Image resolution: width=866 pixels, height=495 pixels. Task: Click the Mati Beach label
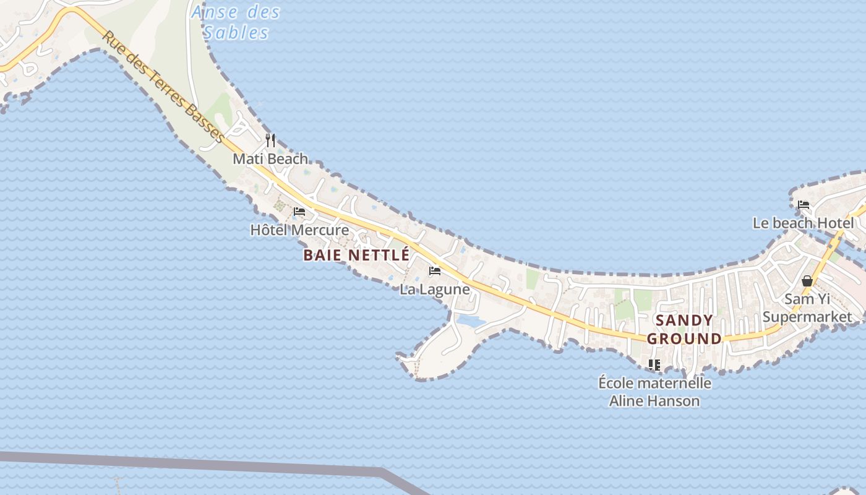pos(270,159)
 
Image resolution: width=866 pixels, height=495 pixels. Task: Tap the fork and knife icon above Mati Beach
pos(270,140)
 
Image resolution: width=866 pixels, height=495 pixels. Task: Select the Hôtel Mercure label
pos(299,230)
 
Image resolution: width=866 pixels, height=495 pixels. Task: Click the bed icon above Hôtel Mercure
pos(299,212)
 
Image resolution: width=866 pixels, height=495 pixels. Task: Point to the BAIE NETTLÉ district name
pos(356,255)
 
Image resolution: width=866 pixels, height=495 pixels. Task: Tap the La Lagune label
pos(435,290)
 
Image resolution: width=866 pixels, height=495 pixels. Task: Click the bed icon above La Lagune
pos(435,271)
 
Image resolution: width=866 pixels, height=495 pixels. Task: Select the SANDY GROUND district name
pos(684,329)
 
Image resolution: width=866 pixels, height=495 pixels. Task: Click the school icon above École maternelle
pos(654,365)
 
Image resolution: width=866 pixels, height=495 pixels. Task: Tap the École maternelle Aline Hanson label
pos(654,392)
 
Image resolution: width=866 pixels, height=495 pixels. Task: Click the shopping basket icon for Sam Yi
pos(807,281)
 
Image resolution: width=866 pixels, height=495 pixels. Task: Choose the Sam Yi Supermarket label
pos(807,308)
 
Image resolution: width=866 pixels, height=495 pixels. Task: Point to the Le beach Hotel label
pos(803,223)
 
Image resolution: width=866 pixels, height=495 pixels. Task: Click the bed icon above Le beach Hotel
pos(804,205)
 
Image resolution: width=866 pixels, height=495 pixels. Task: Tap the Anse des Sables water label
pos(236,22)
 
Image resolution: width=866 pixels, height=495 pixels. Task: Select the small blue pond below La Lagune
pos(471,321)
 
